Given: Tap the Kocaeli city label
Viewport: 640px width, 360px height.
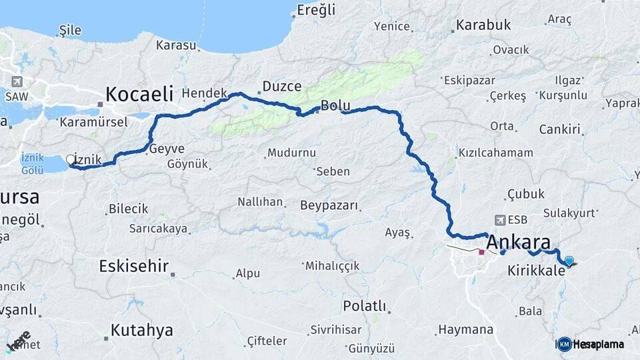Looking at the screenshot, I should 139,93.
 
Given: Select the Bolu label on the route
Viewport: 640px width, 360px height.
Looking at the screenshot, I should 335,106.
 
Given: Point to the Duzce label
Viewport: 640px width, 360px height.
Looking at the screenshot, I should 281,87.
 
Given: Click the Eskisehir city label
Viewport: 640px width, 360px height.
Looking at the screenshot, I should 133,266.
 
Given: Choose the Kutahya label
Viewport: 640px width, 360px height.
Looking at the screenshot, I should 141,330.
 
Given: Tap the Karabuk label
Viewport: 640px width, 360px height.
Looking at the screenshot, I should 483,25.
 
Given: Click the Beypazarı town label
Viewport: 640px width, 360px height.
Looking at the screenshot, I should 329,205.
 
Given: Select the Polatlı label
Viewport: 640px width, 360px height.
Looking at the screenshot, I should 364,306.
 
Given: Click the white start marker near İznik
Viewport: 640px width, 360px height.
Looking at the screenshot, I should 71,159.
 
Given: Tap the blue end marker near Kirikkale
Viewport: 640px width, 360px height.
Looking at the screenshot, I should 569,261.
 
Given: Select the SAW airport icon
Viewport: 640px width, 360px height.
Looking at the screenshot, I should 17,81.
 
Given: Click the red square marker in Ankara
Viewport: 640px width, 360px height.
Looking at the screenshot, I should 481,253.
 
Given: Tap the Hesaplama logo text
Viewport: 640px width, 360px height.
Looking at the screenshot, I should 598,344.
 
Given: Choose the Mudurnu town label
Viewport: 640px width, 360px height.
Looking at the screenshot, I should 291,153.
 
